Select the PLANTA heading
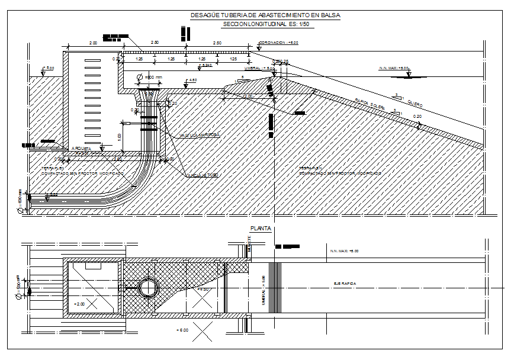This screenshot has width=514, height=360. tap(261, 228)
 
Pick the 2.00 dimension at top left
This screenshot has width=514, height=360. tap(93, 43)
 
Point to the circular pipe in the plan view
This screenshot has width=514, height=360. tap(146, 288)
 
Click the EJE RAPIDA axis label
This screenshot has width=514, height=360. tap(345, 284)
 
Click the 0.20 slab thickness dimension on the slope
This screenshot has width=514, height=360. tap(418, 116)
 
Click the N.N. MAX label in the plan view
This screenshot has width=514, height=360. tap(344, 251)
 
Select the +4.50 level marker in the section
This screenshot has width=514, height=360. tap(192, 80)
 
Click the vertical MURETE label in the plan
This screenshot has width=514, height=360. tap(249, 243)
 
